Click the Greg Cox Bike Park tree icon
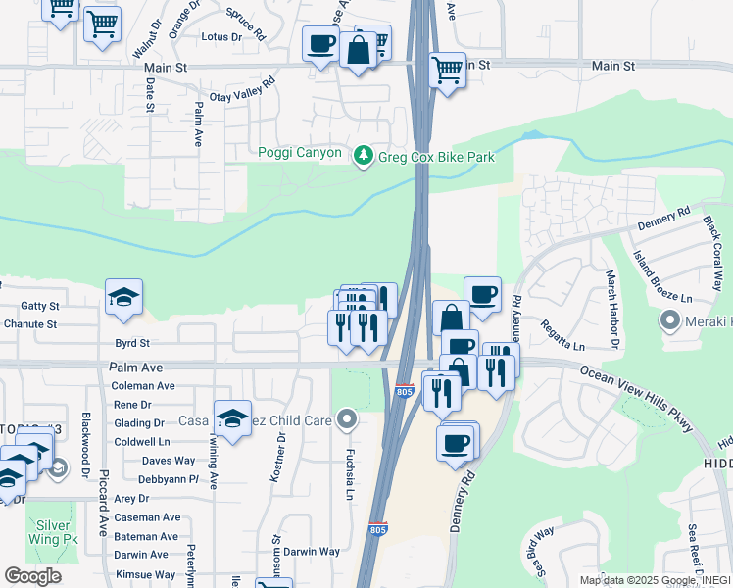(364, 155)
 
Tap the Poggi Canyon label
(300, 153)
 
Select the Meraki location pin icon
(670, 320)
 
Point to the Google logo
(32, 576)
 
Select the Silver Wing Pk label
(54, 532)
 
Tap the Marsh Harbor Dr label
(612, 310)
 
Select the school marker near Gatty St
(124, 298)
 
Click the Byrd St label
(131, 344)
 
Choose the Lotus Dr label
(220, 37)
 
